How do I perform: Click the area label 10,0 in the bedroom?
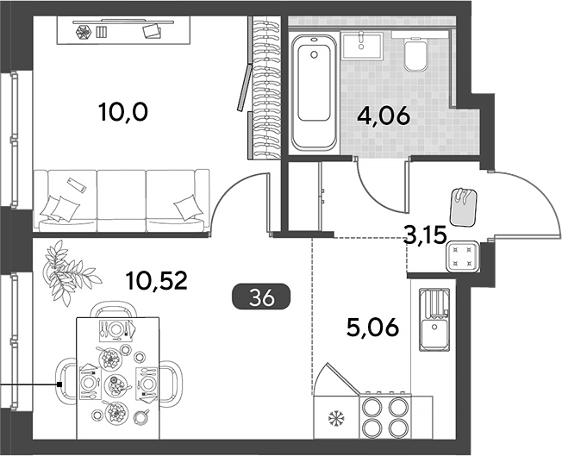click(122, 112)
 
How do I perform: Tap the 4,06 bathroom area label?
click(384, 116)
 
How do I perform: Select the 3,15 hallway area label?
click(425, 235)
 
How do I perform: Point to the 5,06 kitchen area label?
click(372, 328)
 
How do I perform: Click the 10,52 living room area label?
click(157, 281)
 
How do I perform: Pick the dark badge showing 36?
click(262, 297)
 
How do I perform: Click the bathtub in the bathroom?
click(314, 92)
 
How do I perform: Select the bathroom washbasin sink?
click(362, 45)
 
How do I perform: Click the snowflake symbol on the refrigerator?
click(336, 418)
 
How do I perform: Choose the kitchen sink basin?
click(434, 334)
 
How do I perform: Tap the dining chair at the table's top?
click(114, 309)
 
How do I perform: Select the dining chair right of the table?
click(171, 381)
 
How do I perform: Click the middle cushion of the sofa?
click(122, 201)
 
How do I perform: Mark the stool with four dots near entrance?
click(462, 256)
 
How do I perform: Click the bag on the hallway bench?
click(464, 207)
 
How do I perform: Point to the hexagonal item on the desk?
click(84, 33)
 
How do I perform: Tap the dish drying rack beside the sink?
click(434, 303)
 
